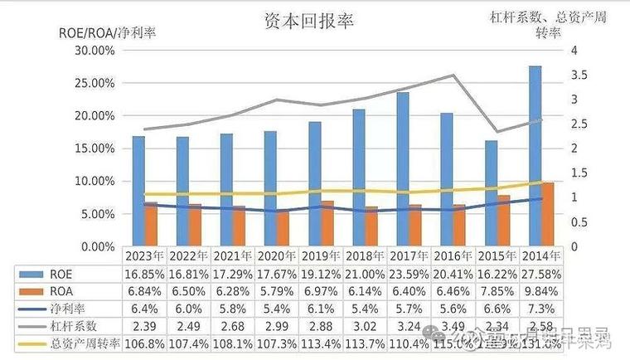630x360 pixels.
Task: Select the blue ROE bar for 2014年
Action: click(x=535, y=156)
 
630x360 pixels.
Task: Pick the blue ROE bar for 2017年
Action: click(x=403, y=169)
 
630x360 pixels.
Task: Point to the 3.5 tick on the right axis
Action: click(x=580, y=75)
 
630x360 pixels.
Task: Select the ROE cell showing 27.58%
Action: click(x=544, y=273)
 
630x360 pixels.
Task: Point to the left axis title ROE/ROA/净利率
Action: click(x=106, y=33)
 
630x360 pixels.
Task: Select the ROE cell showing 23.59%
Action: click(x=410, y=273)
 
